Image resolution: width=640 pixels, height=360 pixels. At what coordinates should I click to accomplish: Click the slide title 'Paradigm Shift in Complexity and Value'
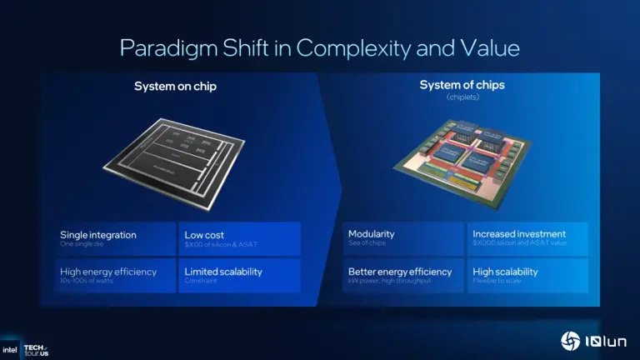pos(320,47)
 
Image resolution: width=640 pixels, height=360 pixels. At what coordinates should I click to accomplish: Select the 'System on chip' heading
pos(175,86)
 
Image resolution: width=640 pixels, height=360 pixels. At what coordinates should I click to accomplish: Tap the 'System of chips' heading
pos(462,85)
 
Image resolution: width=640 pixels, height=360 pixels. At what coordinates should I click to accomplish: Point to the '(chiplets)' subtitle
pos(462,97)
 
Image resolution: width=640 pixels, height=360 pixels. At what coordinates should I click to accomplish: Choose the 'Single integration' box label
pos(98,235)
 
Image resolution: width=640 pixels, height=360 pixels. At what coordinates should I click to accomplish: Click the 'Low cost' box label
pos(204,235)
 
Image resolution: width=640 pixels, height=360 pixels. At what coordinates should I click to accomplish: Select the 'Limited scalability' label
pos(223,272)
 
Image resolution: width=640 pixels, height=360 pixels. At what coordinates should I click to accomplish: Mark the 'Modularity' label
pos(372,234)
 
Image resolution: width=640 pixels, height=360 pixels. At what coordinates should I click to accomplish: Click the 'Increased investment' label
pos(519,234)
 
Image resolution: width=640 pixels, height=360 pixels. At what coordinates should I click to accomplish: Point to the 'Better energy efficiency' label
pos(400,272)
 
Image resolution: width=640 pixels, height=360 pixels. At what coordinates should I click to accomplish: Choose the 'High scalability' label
pos(505,272)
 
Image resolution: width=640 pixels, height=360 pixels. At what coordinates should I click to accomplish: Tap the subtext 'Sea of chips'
pos(367,243)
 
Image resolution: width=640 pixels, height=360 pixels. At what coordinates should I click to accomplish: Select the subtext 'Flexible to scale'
pos(497,281)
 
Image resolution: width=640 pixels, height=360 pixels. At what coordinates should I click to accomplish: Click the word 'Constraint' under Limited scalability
pos(201,281)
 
